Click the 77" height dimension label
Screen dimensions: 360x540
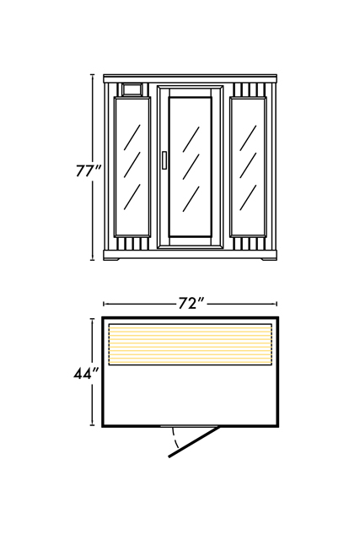[x=89, y=170]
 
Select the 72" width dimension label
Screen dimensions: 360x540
[x=191, y=304]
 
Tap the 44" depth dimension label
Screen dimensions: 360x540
[x=86, y=373]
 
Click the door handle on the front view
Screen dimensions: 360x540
[x=165, y=160]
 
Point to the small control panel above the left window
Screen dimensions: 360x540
[x=132, y=89]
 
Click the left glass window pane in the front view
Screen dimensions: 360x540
[x=132, y=167]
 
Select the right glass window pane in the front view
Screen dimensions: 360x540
[x=248, y=167]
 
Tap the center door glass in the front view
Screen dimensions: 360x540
[x=190, y=167]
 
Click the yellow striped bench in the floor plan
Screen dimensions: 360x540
[x=191, y=344]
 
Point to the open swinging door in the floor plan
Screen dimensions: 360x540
[x=193, y=442]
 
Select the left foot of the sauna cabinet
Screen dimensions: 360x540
[x=112, y=259]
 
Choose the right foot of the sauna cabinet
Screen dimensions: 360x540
[x=268, y=259]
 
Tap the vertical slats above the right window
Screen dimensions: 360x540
[x=250, y=90]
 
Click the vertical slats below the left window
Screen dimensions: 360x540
[x=132, y=244]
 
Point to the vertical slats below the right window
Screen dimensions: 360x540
[x=248, y=244]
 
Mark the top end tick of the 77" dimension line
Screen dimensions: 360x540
[x=92, y=74]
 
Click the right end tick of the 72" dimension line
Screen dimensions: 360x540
[x=277, y=304]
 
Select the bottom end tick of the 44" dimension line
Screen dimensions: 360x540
[x=92, y=425]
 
